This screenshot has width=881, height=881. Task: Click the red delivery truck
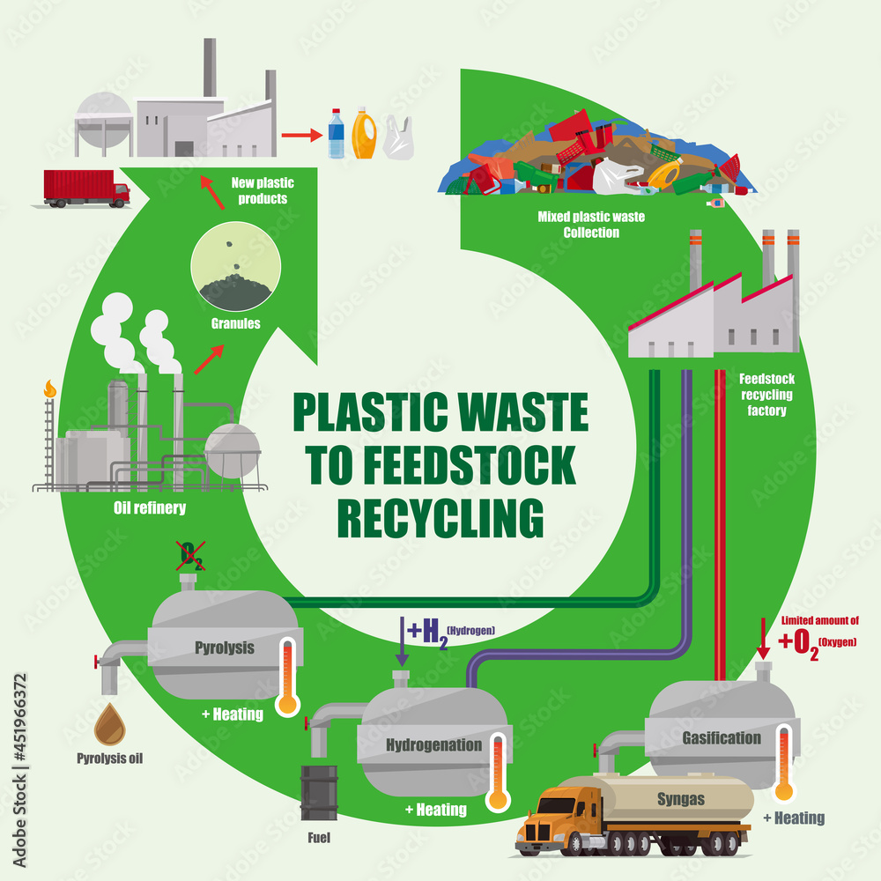click(85, 189)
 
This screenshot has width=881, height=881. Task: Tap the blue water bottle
click(337, 134)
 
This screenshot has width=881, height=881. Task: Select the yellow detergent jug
click(365, 133)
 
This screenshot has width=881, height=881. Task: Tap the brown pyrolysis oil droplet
click(110, 722)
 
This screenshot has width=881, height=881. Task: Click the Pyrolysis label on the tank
click(224, 648)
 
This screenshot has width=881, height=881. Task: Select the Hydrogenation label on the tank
click(434, 744)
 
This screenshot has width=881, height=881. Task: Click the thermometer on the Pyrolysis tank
click(285, 677)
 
